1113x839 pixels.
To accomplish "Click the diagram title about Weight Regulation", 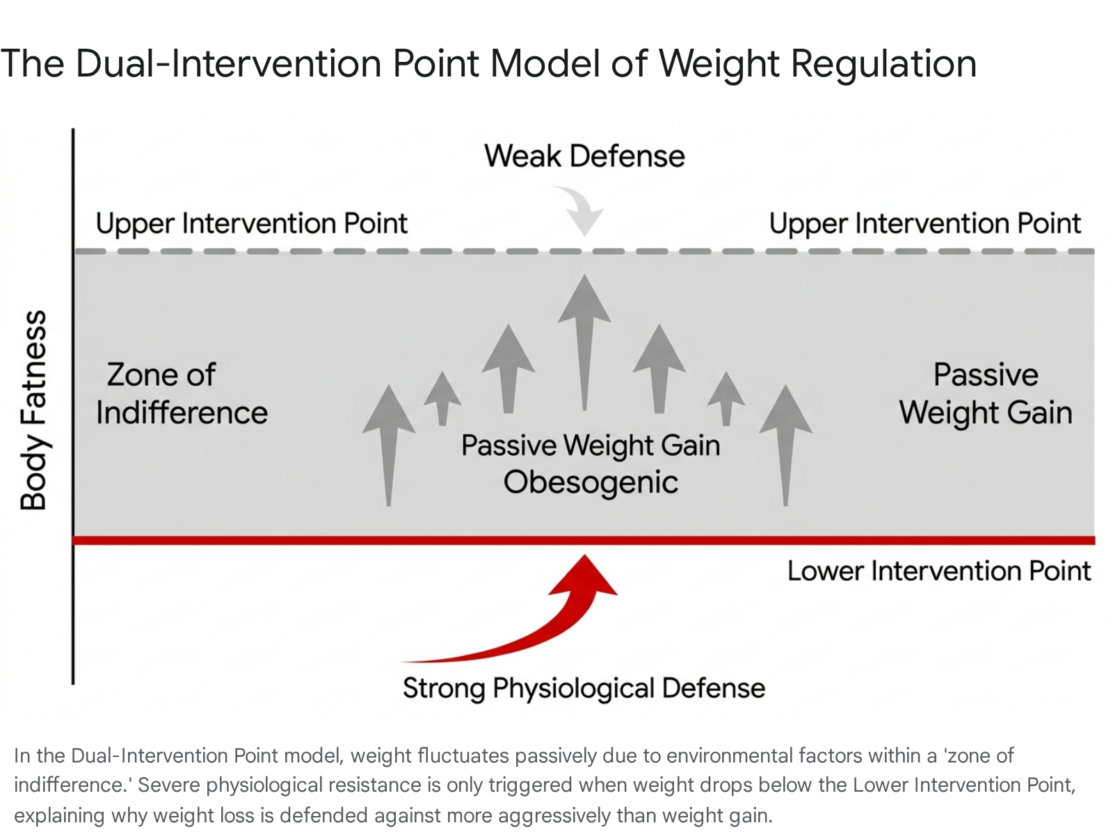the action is point(488,65).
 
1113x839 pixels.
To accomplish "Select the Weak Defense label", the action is point(584,156).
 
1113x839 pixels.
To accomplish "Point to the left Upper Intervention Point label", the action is point(252,223).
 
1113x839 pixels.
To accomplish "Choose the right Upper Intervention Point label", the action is point(925,223).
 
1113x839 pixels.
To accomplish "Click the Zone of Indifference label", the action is point(182,393).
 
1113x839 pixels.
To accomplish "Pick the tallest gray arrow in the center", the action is point(584,342).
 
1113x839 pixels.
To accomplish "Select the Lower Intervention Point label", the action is point(939,571).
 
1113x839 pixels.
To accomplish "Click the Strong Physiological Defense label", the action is point(584,689).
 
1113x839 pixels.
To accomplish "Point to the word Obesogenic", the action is point(591,482).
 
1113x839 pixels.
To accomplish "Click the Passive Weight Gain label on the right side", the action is point(986,393).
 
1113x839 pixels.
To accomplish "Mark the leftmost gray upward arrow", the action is point(389,445).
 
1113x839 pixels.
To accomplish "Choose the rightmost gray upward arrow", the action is point(785,445).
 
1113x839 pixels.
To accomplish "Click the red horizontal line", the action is point(584,541).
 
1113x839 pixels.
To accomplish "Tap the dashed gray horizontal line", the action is point(584,251).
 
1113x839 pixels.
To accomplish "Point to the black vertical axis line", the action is point(73,406).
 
